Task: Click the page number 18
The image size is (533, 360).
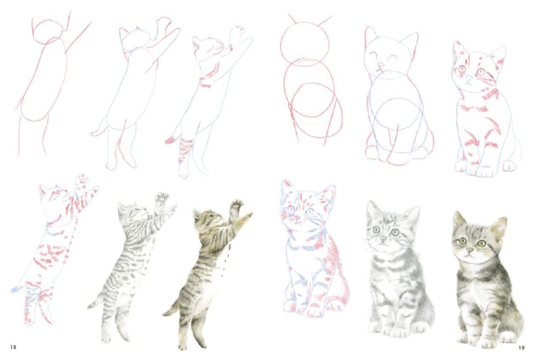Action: (13, 347)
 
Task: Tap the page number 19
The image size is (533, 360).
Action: (521, 348)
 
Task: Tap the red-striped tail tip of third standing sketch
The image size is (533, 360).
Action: (170, 141)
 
